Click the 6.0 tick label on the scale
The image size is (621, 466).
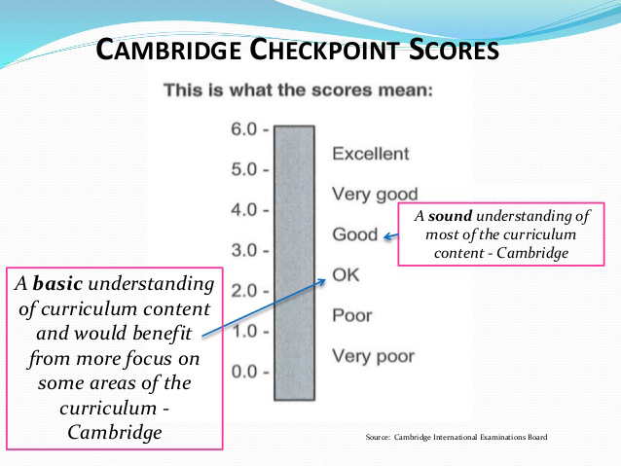244,129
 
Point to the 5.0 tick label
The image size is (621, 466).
244,169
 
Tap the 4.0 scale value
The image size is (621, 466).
244,210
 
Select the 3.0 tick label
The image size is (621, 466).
244,250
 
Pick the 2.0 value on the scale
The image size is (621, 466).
244,291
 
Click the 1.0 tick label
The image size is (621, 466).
244,332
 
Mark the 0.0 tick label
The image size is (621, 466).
244,372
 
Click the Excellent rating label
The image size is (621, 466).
371,154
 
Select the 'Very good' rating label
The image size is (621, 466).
375,195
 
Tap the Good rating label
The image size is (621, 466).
355,234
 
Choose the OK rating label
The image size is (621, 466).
346,274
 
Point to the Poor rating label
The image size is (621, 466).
352,315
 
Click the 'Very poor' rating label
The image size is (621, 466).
374,356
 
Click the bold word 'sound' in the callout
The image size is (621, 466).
451,216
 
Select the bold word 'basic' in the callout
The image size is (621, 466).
57,283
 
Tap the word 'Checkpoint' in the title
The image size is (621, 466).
324,50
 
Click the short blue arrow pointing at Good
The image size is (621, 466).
391,236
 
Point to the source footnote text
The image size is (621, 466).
457,437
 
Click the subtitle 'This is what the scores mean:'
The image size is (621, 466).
298,90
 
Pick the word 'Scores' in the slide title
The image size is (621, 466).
454,50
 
